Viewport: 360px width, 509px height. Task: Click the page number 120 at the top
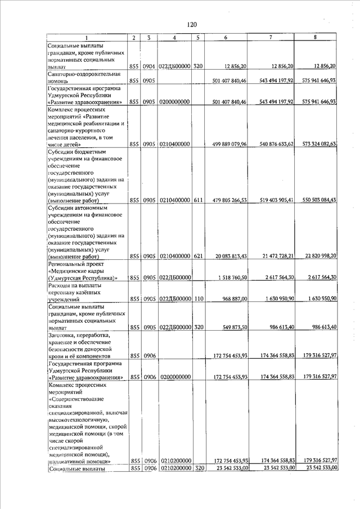191,24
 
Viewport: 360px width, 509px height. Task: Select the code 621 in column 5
197,256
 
